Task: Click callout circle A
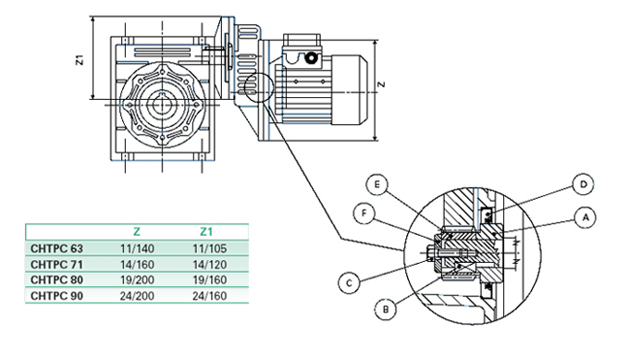point(585,217)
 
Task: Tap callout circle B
point(386,309)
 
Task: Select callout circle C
point(349,283)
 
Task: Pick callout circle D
point(583,184)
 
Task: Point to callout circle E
point(377,184)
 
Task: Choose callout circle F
point(364,213)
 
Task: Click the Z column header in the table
point(136,231)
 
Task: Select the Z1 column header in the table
point(205,231)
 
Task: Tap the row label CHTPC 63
point(56,249)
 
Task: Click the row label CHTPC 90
point(56,296)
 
